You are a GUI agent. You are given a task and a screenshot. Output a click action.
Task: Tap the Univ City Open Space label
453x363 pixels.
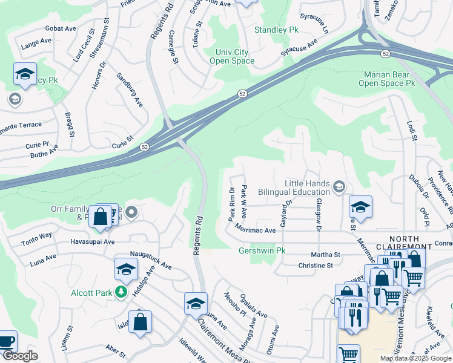click(232, 57)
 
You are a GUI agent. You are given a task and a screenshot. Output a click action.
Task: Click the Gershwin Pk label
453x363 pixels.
click(262, 250)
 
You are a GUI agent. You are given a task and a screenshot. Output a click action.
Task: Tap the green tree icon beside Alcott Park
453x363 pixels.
click(121, 293)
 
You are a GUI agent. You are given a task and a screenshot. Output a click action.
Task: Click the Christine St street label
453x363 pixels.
click(316, 266)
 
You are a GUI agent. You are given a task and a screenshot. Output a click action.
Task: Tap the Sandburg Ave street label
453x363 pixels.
click(128, 88)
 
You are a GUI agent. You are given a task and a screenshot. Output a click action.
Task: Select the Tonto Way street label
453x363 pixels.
click(38, 235)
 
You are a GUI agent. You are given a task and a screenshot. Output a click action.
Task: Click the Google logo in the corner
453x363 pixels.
click(21, 356)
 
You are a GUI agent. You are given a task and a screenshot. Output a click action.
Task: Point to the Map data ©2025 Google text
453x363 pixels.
click(414, 358)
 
